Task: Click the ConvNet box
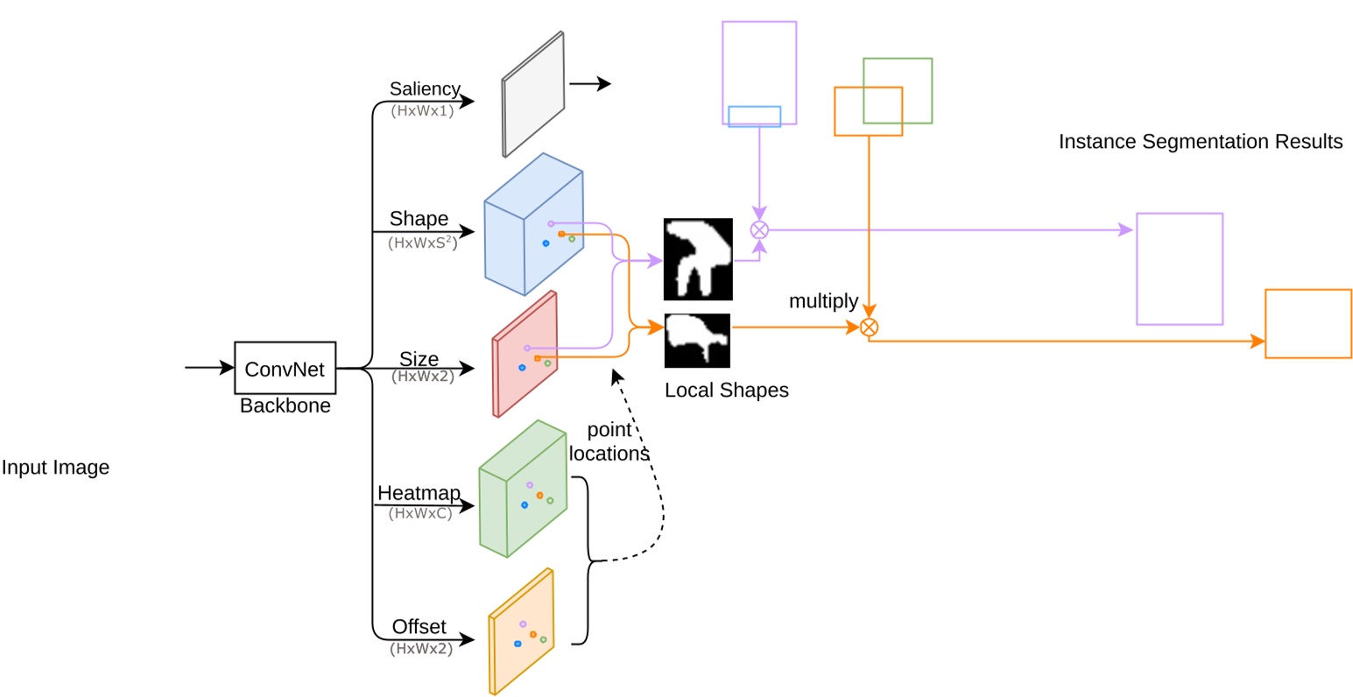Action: pos(285,369)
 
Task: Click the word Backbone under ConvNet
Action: pos(285,406)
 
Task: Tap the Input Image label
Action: pos(55,468)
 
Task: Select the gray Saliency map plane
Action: pos(532,95)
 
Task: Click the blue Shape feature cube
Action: pos(532,225)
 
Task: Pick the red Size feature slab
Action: pos(525,355)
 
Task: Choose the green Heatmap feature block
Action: pos(522,489)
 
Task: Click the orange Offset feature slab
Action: pos(521,630)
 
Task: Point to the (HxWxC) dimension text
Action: pos(420,514)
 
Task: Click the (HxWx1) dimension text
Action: pos(423,111)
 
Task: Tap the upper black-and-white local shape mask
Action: pos(698,259)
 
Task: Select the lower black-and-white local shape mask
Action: pos(697,341)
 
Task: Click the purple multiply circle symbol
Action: pos(759,230)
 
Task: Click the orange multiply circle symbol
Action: pos(868,327)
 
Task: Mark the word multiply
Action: pos(823,302)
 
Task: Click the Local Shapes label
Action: pos(726,391)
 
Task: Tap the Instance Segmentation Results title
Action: pos(1200,142)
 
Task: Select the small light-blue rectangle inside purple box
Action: pos(754,116)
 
